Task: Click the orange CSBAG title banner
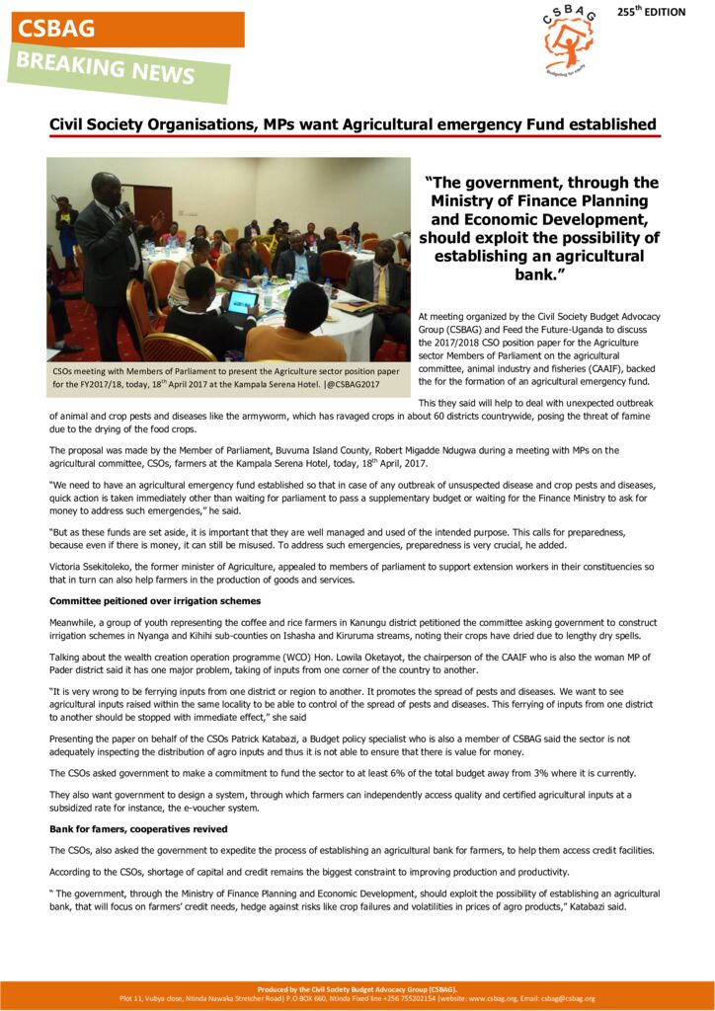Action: point(127,29)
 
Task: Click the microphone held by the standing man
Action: point(127,208)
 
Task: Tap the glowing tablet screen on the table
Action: point(242,301)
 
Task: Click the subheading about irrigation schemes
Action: point(155,600)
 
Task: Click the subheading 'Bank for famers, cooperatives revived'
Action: point(138,828)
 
